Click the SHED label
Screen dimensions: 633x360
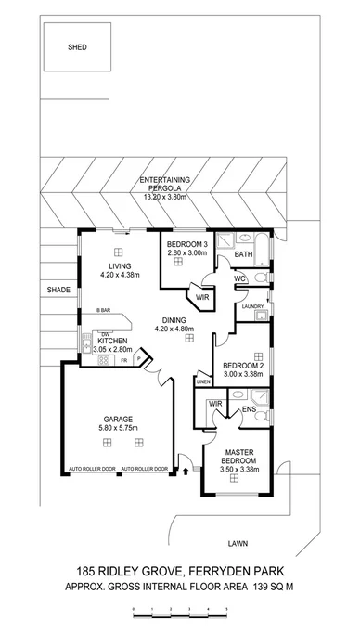[77, 46]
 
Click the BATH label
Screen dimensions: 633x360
[243, 254]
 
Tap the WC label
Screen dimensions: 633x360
[239, 278]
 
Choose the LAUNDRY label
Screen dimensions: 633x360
[253, 306]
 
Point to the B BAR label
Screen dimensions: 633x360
[91, 310]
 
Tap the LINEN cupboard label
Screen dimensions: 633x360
[203, 381]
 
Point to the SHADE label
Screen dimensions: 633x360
[59, 291]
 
